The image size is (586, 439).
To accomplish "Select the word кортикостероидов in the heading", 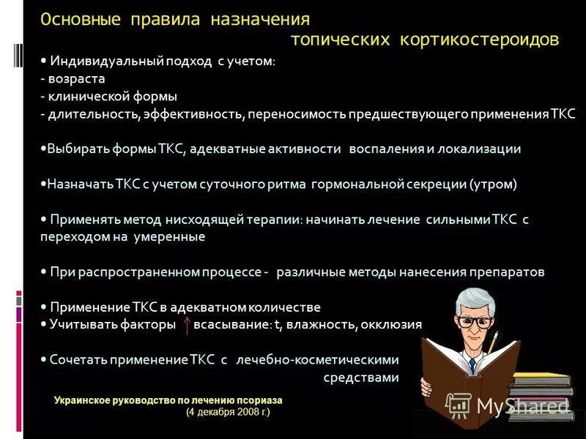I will tap(480, 39).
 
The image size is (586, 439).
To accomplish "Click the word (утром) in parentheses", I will tap(493, 184).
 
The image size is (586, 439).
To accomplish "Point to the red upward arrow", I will tap(188, 325).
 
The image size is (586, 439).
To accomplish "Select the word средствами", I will tap(361, 378).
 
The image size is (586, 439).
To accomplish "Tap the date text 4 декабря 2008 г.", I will tap(228, 413).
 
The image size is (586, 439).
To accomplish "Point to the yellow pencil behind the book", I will tap(494, 341).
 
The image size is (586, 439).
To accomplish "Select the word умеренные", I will tap(169, 237).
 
